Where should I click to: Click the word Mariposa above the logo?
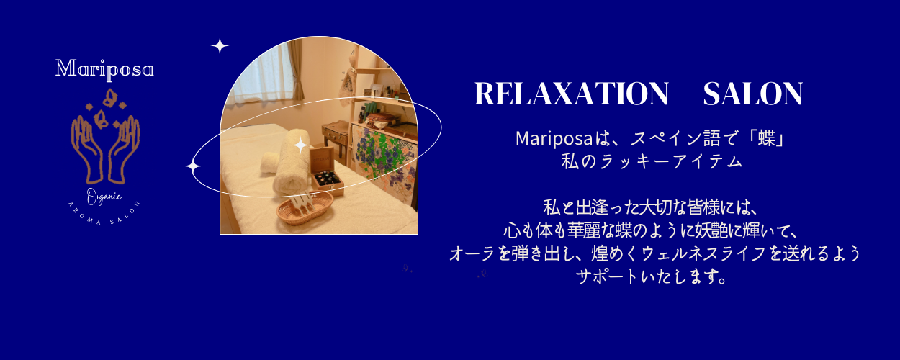[104, 69]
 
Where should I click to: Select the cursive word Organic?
[104, 197]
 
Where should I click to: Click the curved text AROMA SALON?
[104, 215]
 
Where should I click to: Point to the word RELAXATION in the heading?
[572, 94]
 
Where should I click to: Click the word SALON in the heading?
[753, 94]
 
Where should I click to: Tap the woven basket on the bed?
[305, 208]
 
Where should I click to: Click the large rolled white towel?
[292, 163]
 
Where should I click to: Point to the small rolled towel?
[269, 162]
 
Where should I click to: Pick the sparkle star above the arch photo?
[220, 46]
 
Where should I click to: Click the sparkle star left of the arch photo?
[193, 167]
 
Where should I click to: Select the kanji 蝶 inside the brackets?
[767, 139]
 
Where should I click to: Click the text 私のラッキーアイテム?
[652, 161]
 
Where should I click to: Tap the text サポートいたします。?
[652, 276]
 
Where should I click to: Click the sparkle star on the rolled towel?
[301, 145]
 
